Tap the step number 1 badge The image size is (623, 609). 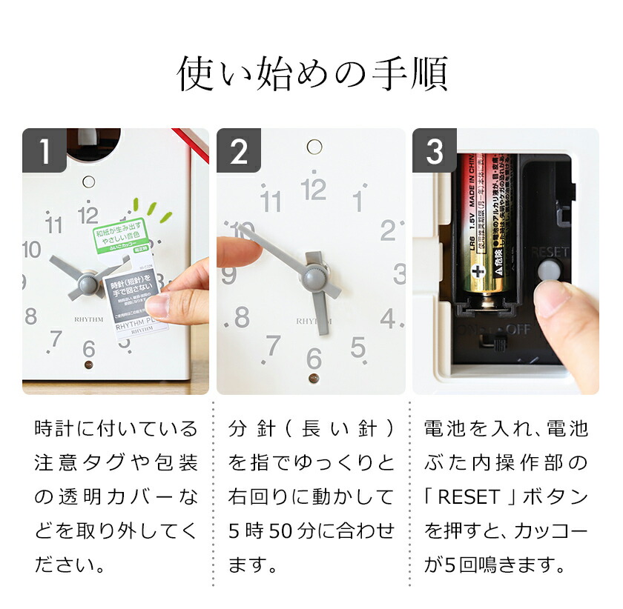tap(44, 151)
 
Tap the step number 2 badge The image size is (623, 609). tap(239, 151)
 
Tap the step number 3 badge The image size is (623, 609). tap(435, 151)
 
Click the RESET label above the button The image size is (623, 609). tap(550, 251)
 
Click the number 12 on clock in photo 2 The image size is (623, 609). tap(314, 190)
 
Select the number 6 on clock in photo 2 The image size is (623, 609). tap(314, 359)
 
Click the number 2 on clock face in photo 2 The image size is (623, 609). tap(387, 230)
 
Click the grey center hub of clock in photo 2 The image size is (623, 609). tap(313, 276)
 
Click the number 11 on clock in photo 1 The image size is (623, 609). tap(54, 224)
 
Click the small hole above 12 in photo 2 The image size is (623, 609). tap(314, 147)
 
